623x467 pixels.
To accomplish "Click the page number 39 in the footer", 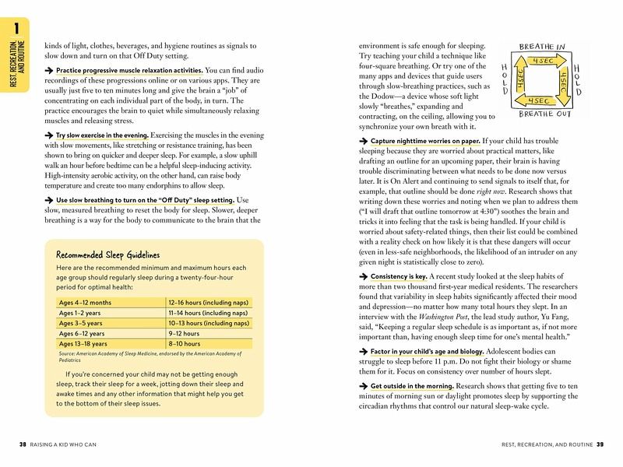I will coord(600,444).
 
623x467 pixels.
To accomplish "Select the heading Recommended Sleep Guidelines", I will coord(107,255).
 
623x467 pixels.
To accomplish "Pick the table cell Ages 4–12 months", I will coord(85,302).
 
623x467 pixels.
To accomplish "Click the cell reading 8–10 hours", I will coord(184,342).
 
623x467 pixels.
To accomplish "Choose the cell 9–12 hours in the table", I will coord(184,332).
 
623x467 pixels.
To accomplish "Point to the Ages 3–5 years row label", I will coord(82,322).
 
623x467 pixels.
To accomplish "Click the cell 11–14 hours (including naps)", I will coord(208,312).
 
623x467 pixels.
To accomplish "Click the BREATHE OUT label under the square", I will coord(541,114).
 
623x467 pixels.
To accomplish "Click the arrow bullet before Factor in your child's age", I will coord(362,353).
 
